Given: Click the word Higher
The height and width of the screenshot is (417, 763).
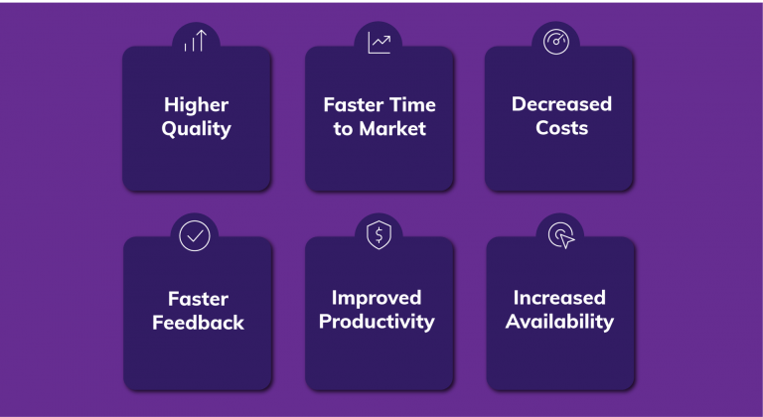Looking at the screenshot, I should point(197,104).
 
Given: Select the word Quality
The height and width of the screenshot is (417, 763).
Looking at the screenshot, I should point(197,129).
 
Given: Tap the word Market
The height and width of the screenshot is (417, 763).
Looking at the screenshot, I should point(393,129).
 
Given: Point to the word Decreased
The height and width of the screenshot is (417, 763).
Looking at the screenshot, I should point(561,104).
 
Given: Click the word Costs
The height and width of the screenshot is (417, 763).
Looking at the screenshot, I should point(561,129).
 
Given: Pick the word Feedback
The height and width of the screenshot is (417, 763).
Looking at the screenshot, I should point(198,323).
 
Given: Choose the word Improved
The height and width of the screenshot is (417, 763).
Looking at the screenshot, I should point(377,298).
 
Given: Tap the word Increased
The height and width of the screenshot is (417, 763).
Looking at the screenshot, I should point(559,298).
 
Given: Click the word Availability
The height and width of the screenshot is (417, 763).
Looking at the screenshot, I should point(559,323).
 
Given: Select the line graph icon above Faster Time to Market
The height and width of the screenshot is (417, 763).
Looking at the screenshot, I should point(379,43).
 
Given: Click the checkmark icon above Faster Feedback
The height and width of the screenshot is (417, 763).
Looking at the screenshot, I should point(195,236).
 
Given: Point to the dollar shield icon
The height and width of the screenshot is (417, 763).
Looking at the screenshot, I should point(379,236).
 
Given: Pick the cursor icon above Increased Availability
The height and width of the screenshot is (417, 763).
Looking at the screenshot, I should point(561,236).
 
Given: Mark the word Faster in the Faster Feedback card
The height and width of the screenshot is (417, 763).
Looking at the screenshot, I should point(198,298).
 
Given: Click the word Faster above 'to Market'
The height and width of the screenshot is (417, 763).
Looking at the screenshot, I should point(353,104).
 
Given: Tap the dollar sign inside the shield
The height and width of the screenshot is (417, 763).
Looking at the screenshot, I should point(379,236).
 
